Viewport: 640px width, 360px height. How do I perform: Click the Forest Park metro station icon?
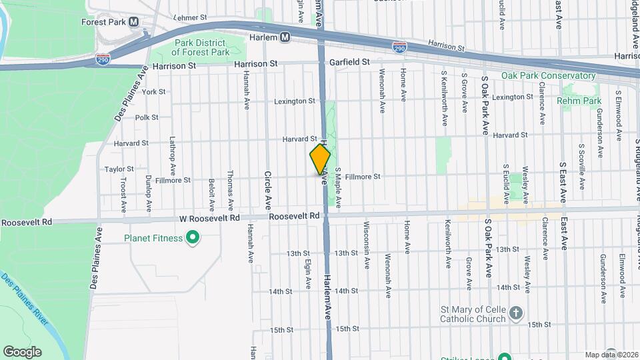[134, 21]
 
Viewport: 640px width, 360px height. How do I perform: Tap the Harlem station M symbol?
[285, 37]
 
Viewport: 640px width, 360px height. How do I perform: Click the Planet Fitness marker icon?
[193, 237]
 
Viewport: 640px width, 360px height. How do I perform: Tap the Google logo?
[21, 352]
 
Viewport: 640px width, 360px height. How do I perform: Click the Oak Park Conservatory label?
[548, 76]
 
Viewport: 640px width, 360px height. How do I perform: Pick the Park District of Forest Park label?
[202, 47]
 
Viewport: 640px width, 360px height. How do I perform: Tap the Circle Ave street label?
[268, 190]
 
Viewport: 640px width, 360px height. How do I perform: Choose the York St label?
[153, 91]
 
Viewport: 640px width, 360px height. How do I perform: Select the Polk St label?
[146, 117]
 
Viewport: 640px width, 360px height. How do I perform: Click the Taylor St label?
[119, 169]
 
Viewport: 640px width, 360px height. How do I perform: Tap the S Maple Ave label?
[338, 187]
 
